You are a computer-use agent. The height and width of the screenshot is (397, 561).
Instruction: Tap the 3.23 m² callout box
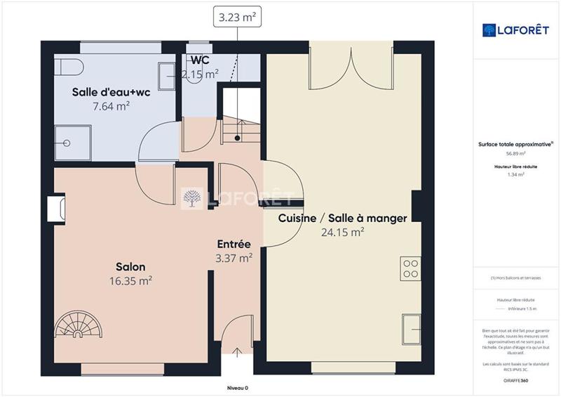coord(238,18)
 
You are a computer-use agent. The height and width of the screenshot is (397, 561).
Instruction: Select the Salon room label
coord(130,267)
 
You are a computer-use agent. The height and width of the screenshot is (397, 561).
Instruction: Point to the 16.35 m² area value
coord(130,280)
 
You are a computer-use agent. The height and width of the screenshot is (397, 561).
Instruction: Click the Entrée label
coord(234,244)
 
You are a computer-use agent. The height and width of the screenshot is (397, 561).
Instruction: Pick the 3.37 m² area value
coord(234,258)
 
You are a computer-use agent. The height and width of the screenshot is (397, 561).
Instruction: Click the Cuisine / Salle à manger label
coord(342,219)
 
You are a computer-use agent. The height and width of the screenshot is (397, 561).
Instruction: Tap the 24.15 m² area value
coord(342,232)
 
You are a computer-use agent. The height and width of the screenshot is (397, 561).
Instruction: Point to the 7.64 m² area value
coord(111,106)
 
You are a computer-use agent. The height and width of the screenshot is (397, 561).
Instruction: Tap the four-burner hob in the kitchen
coord(410,269)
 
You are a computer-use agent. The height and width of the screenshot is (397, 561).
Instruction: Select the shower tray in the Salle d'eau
coord(72,143)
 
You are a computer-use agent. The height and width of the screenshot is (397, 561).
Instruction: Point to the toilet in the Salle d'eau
coord(71,67)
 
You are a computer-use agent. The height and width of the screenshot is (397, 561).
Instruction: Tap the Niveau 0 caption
coord(238,389)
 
